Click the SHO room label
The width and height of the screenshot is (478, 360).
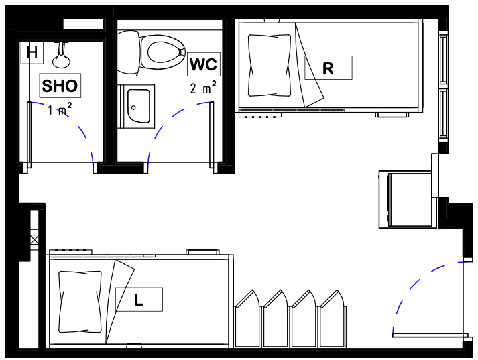60,86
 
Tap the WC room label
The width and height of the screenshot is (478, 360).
203,64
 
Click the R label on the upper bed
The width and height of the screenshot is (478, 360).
328,68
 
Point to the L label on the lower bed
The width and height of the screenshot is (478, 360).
139,300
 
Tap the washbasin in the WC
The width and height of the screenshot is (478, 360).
139,106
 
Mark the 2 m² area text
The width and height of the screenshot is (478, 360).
202,88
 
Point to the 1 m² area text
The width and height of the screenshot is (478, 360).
60,109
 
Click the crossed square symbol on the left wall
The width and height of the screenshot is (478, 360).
34,239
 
